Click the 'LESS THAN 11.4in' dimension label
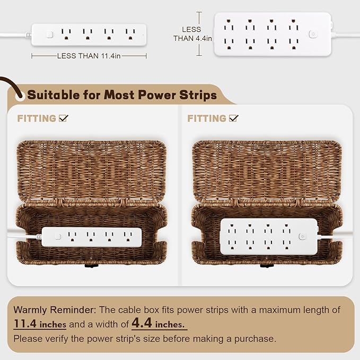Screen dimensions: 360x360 point(89,55)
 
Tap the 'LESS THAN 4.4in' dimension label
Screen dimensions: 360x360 point(192,33)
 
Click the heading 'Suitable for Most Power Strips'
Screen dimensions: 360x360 point(122,95)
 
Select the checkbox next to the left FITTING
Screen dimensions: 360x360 point(64,118)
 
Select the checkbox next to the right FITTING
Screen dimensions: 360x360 point(234,118)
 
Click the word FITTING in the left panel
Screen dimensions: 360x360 point(37,119)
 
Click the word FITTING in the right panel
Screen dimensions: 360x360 point(207,119)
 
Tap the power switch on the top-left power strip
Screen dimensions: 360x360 point(49,34)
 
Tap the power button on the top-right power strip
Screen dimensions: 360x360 point(313,34)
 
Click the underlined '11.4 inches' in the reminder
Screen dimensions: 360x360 point(40,323)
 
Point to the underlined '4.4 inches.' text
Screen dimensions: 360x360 point(159,323)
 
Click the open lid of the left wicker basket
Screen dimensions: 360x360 point(92,170)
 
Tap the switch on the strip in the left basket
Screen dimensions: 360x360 point(58,236)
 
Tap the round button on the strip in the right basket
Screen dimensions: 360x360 point(302,236)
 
